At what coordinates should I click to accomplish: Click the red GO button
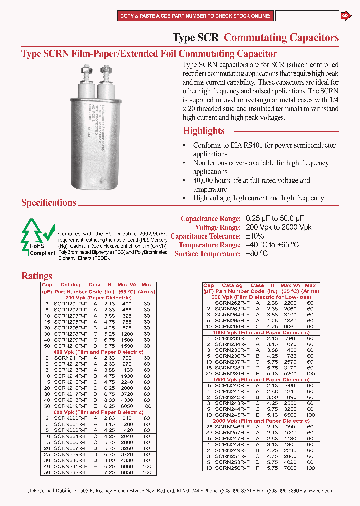click(x=345, y=16)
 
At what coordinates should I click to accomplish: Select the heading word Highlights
click(x=204, y=131)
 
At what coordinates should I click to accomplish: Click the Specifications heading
click(x=49, y=202)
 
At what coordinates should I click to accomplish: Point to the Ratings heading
click(x=37, y=276)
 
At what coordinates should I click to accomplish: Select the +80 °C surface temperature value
click(x=257, y=254)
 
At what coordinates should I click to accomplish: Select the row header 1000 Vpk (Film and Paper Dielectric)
click(x=260, y=332)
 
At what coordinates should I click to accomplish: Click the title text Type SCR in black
click(x=196, y=38)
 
